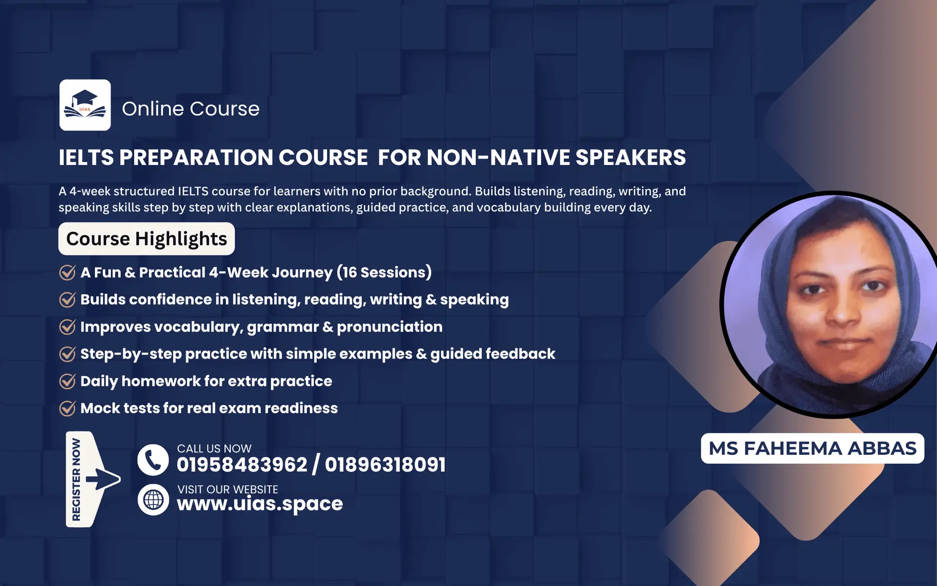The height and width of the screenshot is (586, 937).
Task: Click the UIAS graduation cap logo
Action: pyautogui.click(x=85, y=105)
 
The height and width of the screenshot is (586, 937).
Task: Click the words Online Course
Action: pyautogui.click(x=190, y=108)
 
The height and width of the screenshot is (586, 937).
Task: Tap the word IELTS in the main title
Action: pyautogui.click(x=86, y=158)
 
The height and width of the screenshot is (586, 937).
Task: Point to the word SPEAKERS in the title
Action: pyautogui.click(x=631, y=158)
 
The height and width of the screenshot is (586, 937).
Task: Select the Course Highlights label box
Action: pyautogui.click(x=146, y=239)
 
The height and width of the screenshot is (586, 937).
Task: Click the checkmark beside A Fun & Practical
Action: pyautogui.click(x=67, y=272)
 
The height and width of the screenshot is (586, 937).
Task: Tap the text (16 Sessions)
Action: pyautogui.click(x=384, y=272)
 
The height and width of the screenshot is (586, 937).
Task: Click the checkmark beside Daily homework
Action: pyautogui.click(x=67, y=381)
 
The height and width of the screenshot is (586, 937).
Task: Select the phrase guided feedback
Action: pyautogui.click(x=492, y=354)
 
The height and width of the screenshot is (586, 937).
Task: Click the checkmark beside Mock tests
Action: pyautogui.click(x=67, y=408)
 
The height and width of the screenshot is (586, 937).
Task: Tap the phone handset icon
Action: pyautogui.click(x=153, y=460)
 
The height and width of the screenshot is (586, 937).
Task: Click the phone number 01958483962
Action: pyautogui.click(x=242, y=465)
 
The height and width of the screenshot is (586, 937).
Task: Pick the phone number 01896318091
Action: pyautogui.click(x=385, y=465)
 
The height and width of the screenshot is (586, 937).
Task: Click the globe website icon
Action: pyautogui.click(x=153, y=500)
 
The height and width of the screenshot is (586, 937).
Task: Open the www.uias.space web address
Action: pyautogui.click(x=260, y=504)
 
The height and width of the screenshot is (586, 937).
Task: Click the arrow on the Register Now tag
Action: pyautogui.click(x=103, y=479)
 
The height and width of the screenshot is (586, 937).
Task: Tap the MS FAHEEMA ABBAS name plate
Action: pyautogui.click(x=812, y=448)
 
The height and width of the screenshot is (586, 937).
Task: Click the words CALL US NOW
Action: pyautogui.click(x=214, y=448)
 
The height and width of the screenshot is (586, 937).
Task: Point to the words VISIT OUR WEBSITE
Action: pyautogui.click(x=227, y=489)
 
